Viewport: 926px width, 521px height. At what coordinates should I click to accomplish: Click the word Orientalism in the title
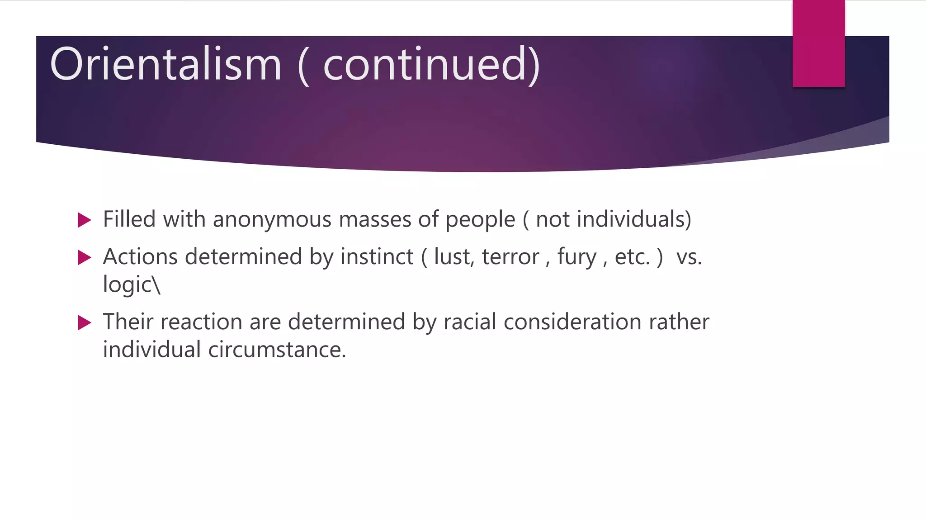click(165, 64)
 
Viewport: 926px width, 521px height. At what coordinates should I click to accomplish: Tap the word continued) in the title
click(431, 64)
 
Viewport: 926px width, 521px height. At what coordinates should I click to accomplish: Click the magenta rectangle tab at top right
click(818, 43)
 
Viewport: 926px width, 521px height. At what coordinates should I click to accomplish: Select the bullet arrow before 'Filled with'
click(84, 220)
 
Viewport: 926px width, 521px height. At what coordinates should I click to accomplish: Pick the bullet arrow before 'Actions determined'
click(84, 258)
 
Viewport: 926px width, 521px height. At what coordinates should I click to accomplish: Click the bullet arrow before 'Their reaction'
click(84, 323)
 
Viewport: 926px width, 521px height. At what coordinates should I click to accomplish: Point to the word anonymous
click(272, 220)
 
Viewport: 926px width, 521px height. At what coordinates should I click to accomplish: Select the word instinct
click(377, 256)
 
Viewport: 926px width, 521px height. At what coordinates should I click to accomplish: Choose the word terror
click(510, 257)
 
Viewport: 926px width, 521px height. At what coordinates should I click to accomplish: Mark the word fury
click(576, 257)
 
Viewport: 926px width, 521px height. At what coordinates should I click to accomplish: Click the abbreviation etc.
click(632, 257)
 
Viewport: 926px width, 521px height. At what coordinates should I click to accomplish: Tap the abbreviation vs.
click(689, 257)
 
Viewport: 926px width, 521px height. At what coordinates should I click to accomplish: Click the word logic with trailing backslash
click(131, 285)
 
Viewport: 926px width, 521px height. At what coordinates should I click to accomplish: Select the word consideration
click(572, 322)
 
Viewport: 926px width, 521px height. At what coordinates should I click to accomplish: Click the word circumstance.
click(277, 350)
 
